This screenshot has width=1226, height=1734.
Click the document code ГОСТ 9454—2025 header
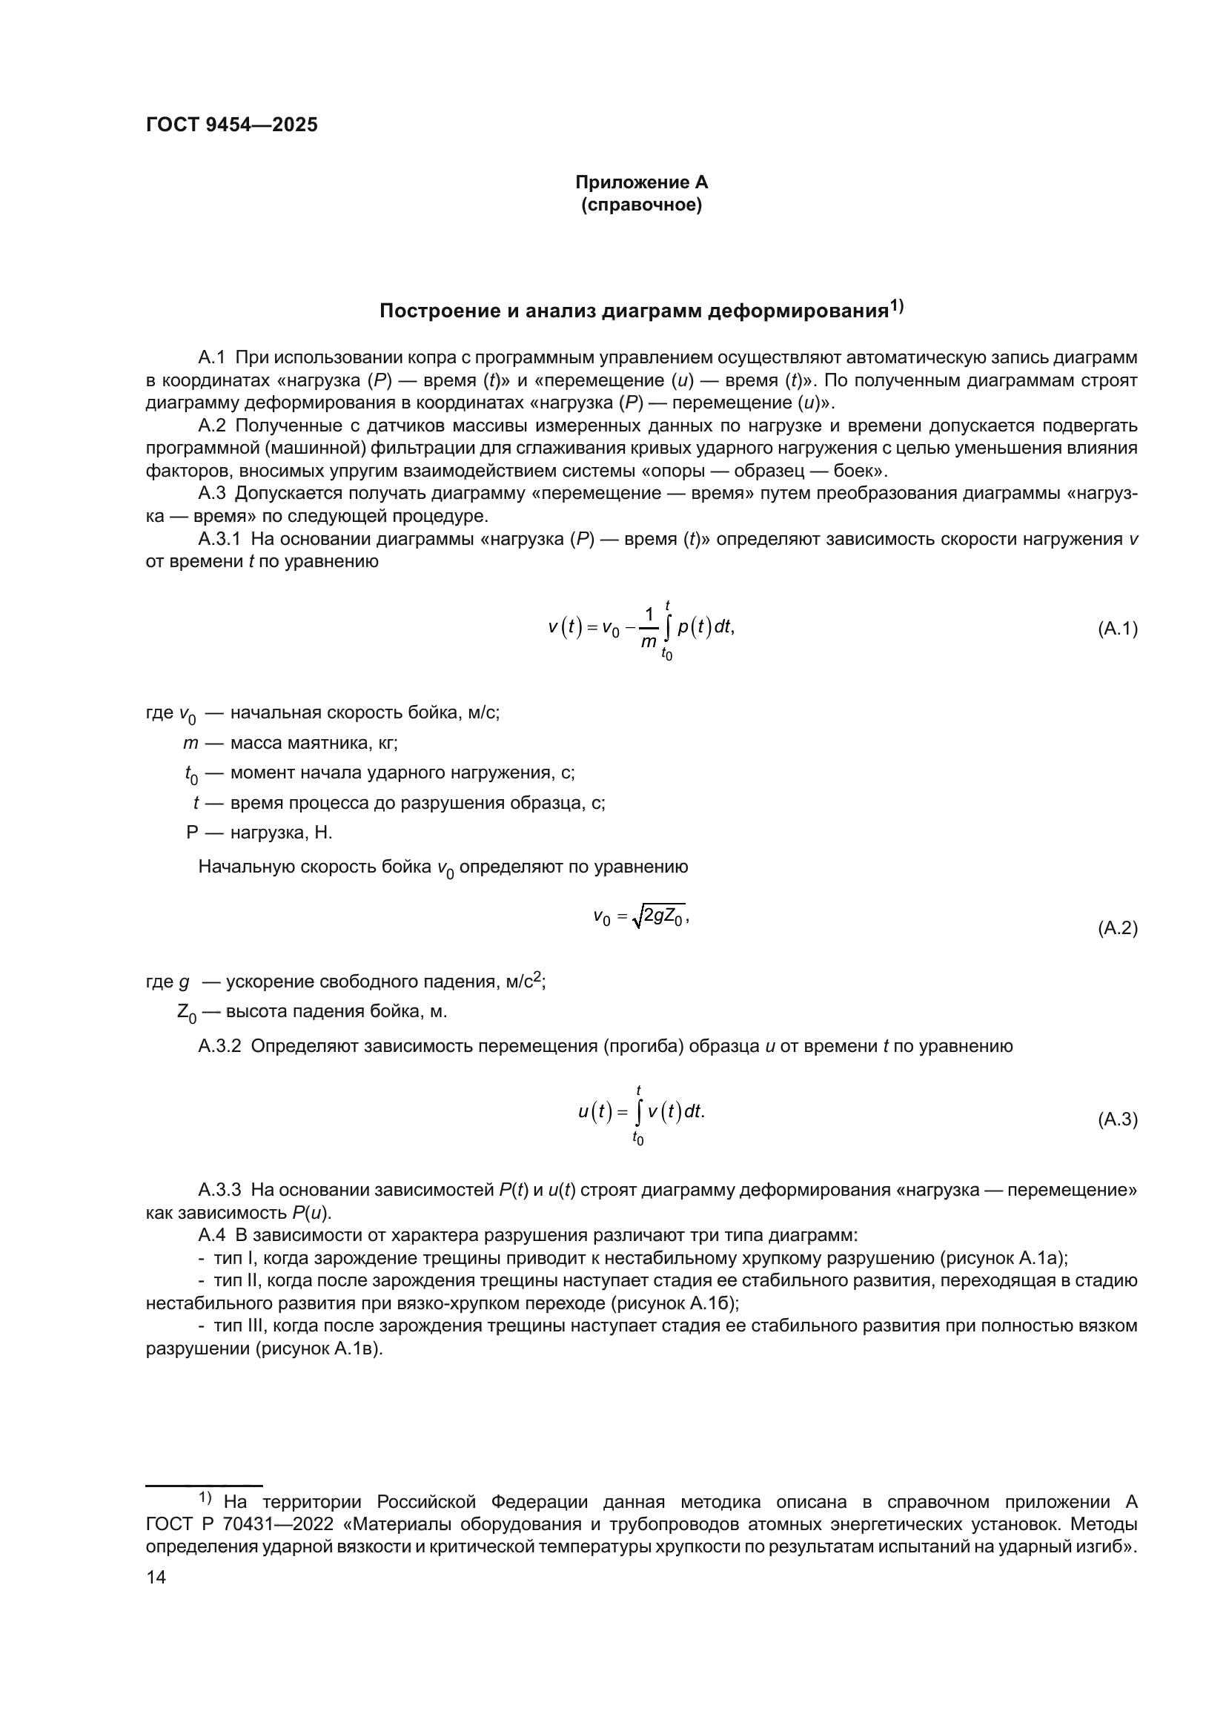(232, 125)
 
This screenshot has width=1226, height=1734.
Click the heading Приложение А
(641, 182)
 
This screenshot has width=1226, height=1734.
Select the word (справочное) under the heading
(641, 205)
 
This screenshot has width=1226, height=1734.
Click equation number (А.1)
(1116, 629)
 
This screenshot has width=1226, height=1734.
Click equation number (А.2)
(1116, 928)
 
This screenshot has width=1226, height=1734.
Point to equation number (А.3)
(1116, 1119)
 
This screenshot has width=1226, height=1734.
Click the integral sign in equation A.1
(667, 629)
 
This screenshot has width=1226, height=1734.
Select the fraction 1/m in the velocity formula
(649, 629)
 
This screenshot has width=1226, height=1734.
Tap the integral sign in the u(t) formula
(639, 1112)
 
